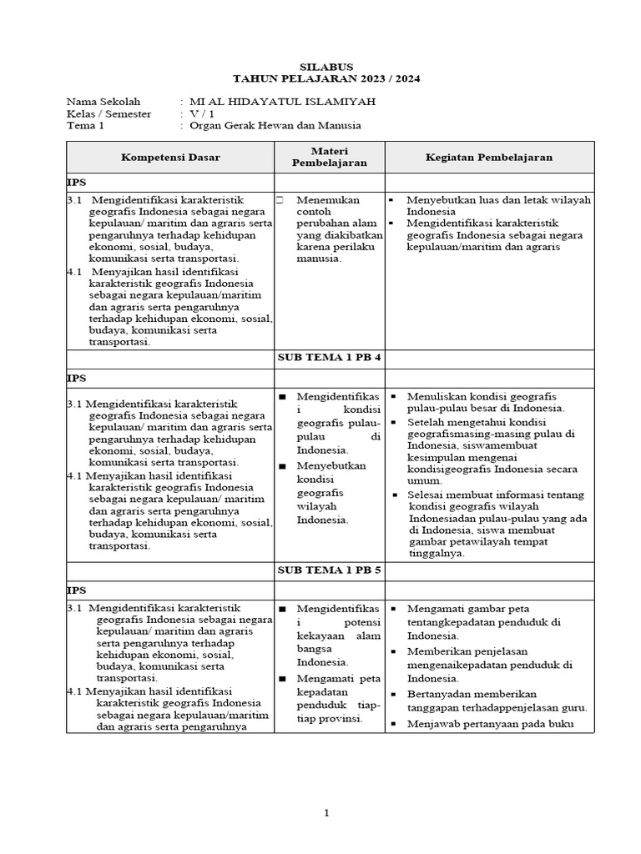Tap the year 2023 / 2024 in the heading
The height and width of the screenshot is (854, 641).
coord(383,79)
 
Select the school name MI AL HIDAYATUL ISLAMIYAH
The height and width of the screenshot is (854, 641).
coord(283,102)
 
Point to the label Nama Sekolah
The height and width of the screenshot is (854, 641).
coord(104,102)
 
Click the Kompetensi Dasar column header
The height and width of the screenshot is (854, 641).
coord(171,157)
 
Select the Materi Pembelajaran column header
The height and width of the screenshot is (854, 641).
coord(329,157)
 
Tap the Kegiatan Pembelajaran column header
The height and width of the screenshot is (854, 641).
coord(489,157)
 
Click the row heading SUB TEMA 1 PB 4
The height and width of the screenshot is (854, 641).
coord(329,358)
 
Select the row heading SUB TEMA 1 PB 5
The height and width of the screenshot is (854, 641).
coord(329,570)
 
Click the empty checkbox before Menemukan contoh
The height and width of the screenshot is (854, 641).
coord(280,200)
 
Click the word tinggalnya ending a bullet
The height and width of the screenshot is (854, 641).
coord(436,553)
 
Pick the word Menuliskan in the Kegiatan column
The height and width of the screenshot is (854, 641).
coord(436,396)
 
